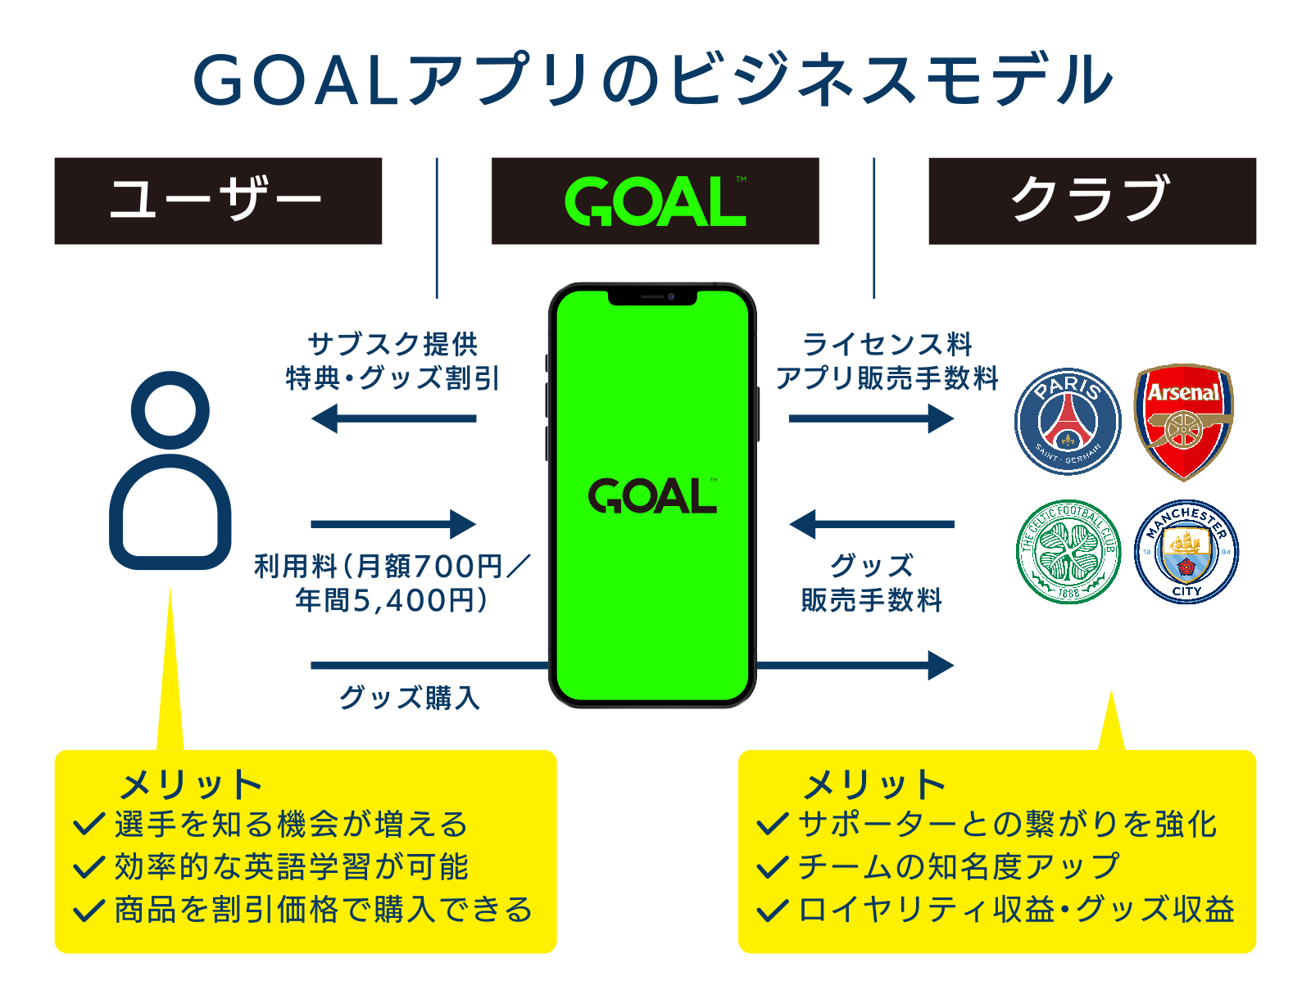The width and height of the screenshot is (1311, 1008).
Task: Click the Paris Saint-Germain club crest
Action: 1068,421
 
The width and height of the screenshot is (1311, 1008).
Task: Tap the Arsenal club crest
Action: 1183,421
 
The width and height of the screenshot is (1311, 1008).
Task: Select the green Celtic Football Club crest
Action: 1068,552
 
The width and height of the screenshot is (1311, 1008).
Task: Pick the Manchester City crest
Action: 1186,552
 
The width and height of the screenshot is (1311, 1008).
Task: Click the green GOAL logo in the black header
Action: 655,201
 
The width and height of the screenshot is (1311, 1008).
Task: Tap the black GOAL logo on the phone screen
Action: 652,496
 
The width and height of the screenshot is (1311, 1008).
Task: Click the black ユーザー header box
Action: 218,201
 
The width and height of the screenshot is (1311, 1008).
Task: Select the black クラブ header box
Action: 1091,201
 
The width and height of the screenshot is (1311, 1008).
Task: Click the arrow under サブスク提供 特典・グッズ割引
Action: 394,418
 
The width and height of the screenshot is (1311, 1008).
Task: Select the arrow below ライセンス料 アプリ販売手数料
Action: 871,418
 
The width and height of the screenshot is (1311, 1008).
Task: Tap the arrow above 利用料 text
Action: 394,524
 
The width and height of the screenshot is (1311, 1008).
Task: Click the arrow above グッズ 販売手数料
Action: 871,524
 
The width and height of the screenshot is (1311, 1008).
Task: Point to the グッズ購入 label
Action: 410,698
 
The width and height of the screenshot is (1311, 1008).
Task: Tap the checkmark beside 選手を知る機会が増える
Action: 88,824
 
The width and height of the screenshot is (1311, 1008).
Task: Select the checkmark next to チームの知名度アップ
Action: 772,866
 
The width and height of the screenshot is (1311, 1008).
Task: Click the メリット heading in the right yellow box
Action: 874,785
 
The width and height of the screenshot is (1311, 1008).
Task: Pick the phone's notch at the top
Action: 652,296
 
